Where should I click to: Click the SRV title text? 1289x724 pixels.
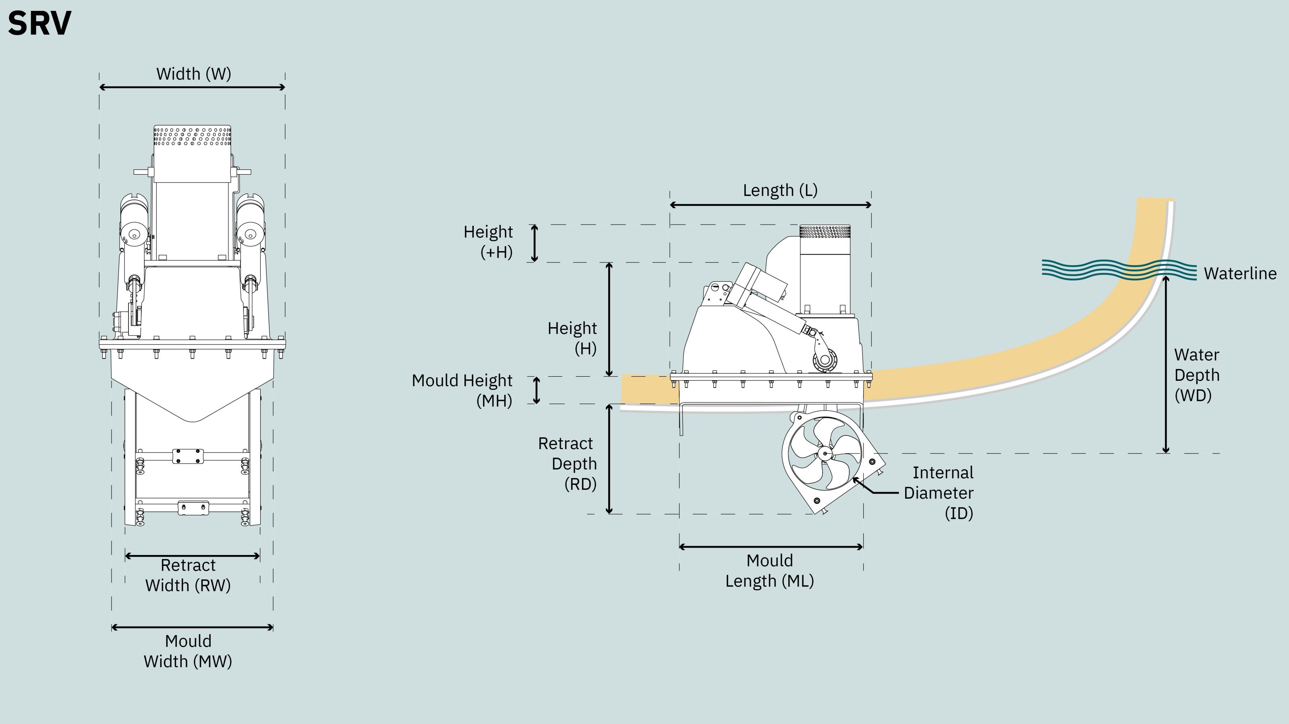[x=39, y=23]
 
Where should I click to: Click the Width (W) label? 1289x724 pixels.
[x=194, y=74]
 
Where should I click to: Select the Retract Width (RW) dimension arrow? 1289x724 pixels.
[x=192, y=555]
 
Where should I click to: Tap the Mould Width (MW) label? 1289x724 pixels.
[x=188, y=651]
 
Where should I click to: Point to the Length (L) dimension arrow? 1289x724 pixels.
[x=771, y=204]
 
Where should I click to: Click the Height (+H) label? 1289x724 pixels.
[x=488, y=242]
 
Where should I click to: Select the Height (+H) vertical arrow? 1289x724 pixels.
[x=535, y=243]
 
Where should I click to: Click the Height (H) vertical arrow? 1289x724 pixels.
[x=609, y=319]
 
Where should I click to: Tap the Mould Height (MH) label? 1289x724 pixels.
[x=462, y=390]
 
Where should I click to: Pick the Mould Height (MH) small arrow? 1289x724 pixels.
[x=537, y=390]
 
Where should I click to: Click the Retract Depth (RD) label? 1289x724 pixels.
[x=568, y=464]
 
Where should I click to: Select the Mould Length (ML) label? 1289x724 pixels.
[x=770, y=571]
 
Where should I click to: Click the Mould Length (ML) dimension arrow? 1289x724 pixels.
[x=771, y=547]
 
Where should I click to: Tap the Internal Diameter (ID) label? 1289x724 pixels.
[x=939, y=493]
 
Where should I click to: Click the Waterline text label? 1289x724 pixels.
[x=1240, y=274]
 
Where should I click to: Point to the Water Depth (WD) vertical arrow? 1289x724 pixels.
[x=1166, y=365]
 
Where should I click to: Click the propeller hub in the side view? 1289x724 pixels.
[x=825, y=454]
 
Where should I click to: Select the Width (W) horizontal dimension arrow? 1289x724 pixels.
[x=192, y=87]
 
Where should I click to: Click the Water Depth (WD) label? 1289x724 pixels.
[x=1197, y=375]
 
